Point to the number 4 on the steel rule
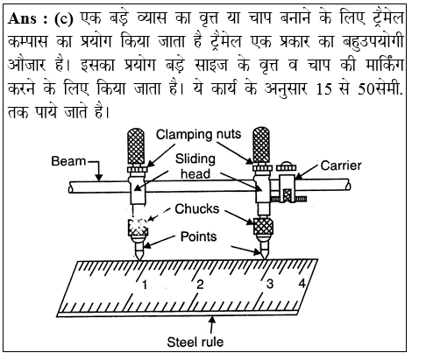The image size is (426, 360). coord(302,284)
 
